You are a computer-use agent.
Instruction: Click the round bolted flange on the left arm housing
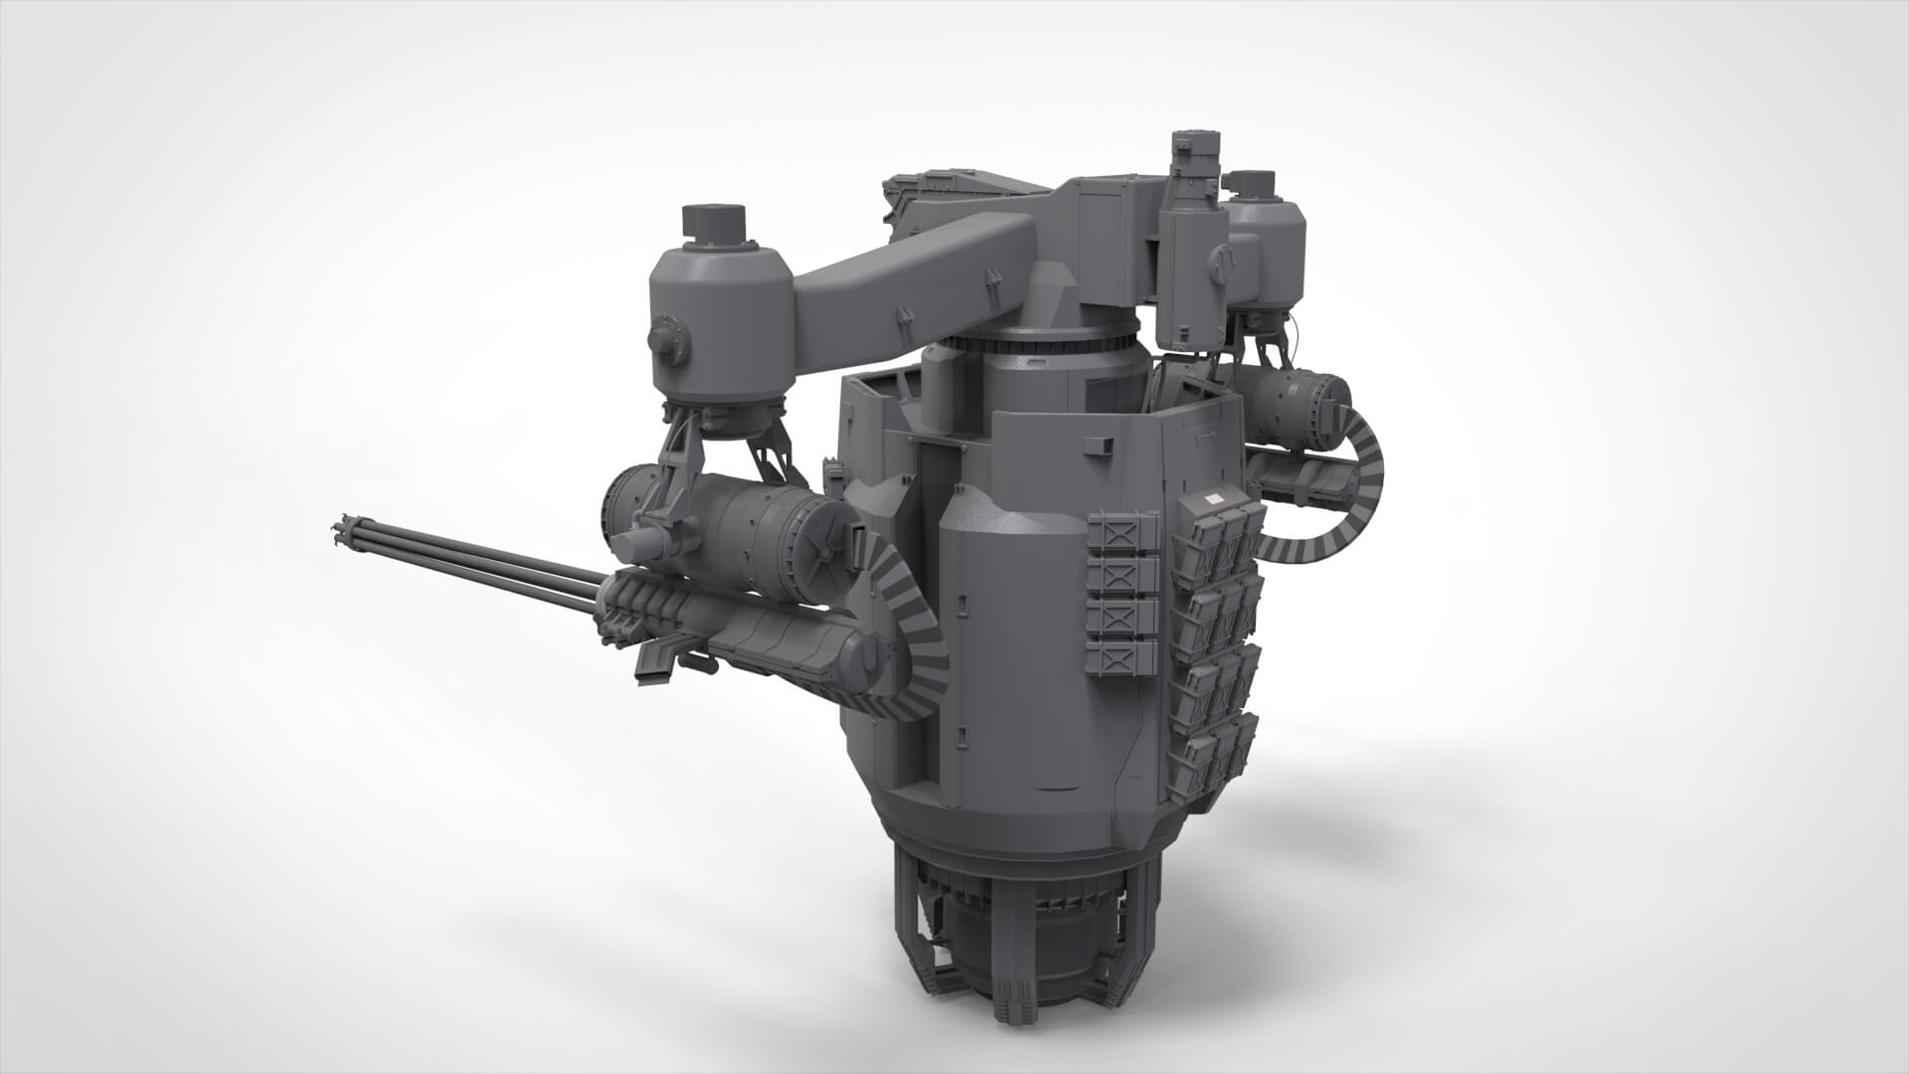pyautogui.click(x=669, y=339)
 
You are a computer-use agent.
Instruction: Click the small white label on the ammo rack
pyautogui.click(x=1214, y=500)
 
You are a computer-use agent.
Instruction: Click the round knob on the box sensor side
pyautogui.click(x=1223, y=263)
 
